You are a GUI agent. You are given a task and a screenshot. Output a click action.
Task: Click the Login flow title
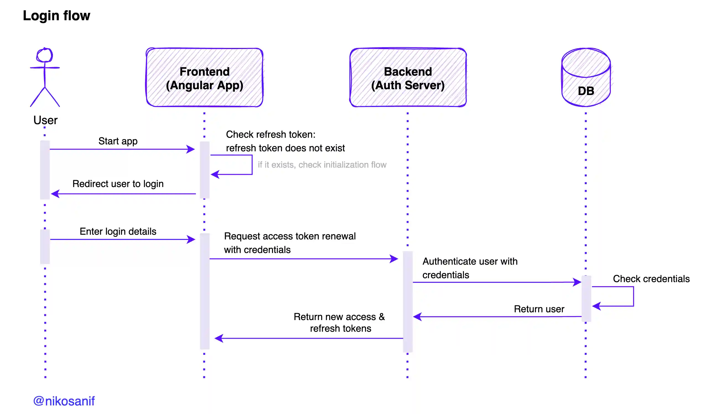pos(56,16)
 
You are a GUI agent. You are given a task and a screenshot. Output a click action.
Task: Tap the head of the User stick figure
pos(45,55)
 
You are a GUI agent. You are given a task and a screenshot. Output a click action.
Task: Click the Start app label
pos(118,141)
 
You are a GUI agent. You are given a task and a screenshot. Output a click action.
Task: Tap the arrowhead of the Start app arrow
pos(191,149)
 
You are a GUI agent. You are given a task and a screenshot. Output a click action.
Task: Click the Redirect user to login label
pos(118,184)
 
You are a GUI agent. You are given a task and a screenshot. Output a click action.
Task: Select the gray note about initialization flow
pos(322,165)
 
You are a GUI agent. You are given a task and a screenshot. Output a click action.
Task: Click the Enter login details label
pos(118,231)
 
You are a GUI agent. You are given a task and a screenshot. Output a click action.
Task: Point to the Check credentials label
pos(651,279)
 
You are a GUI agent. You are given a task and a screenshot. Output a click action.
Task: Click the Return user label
pos(539,309)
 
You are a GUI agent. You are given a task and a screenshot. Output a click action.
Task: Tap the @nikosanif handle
pos(64,401)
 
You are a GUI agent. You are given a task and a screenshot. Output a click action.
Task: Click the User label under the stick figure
pos(45,120)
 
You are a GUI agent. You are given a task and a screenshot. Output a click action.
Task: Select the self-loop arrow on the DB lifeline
pos(633,296)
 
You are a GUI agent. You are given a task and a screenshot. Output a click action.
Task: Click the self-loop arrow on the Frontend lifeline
pos(252,165)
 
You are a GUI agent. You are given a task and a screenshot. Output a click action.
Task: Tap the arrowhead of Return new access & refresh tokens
pos(219,338)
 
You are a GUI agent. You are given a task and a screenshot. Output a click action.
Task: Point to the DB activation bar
pos(586,298)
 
